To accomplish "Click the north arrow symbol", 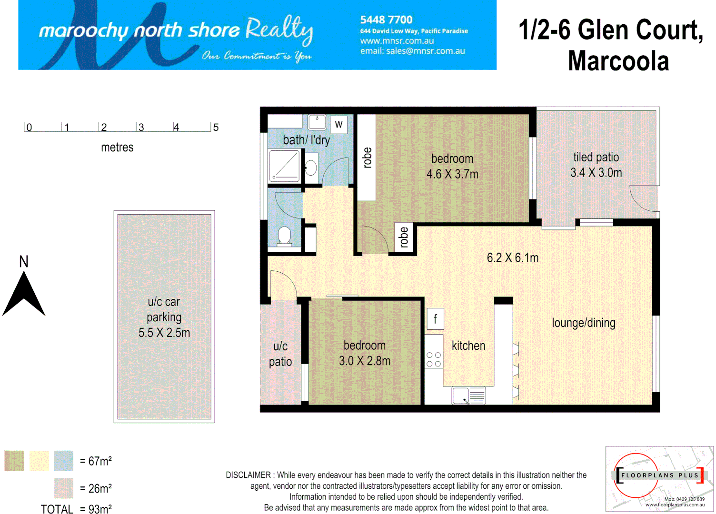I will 24,295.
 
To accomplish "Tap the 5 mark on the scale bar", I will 216,128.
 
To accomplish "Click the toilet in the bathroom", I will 284,236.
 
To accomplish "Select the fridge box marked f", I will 435,319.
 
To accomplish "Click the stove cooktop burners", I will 434,359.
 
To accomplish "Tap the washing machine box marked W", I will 338,124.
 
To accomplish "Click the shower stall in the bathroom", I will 285,166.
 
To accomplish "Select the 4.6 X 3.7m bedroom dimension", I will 452,174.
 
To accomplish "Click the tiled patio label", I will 596,157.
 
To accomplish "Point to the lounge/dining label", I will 584,323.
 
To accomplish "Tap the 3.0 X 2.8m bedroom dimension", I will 365,361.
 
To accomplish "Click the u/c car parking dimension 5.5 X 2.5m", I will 164,333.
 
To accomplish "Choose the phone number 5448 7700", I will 386,20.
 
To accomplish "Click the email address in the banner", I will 412,51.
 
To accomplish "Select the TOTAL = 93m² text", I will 76,509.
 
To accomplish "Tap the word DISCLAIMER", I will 248,475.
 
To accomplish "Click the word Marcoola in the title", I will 618,61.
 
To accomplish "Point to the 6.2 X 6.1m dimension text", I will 513,258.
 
